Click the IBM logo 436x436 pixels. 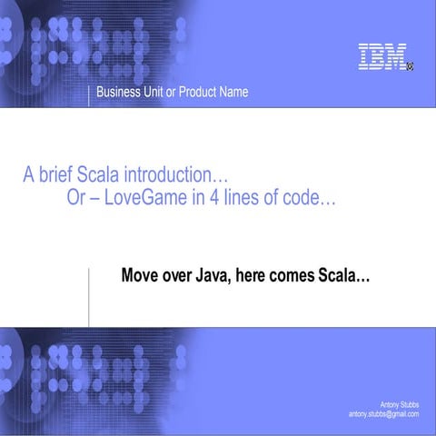pos(381,57)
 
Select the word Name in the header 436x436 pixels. pos(233,92)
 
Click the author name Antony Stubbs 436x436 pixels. pos(400,404)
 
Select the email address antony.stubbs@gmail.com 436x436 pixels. pos(383,414)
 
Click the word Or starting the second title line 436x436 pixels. pos(77,200)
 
